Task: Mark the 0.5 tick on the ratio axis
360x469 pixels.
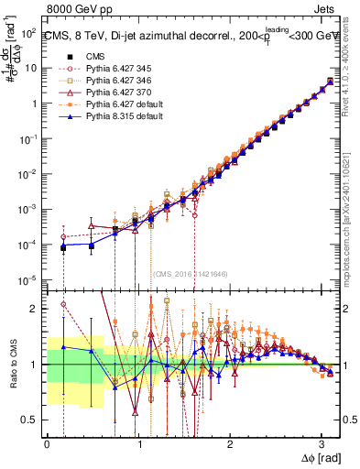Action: click(32, 420)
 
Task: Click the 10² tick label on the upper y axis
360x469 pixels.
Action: click(29, 32)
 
